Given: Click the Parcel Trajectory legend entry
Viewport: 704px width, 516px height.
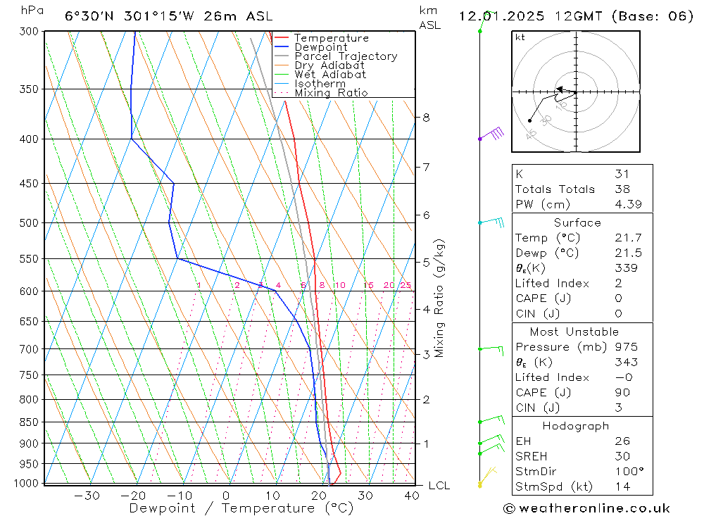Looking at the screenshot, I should click(x=346, y=56).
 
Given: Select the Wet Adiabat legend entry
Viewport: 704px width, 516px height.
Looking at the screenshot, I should click(x=330, y=75).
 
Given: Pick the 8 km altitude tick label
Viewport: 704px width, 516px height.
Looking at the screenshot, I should click(x=427, y=118).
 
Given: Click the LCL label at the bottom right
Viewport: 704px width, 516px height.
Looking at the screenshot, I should click(x=439, y=486).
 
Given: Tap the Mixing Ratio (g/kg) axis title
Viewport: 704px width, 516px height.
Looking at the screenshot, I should click(x=439, y=298).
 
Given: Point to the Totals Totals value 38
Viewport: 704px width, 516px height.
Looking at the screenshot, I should click(x=622, y=189).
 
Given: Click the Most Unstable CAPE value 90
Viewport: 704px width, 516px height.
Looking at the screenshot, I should click(x=622, y=393).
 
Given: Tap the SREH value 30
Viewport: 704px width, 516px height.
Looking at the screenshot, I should click(x=622, y=456).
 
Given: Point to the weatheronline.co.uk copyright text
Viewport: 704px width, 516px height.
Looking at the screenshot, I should click(x=586, y=508).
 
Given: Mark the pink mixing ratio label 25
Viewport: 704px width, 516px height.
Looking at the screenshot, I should click(x=406, y=285).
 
